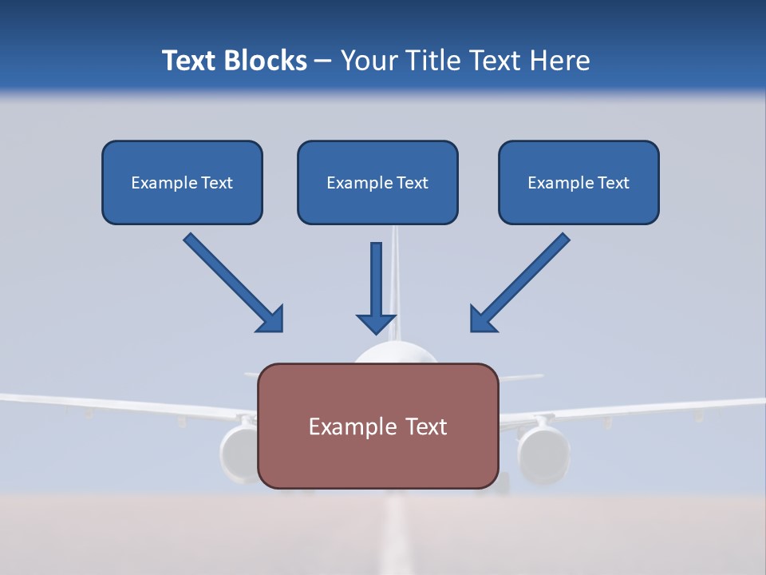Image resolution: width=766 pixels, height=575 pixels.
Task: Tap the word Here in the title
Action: [x=561, y=61]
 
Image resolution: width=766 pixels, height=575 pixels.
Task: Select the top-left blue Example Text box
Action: [x=182, y=182]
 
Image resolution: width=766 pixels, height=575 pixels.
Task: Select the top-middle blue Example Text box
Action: [x=377, y=182]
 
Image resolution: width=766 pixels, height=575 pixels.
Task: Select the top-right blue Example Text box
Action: [x=578, y=182]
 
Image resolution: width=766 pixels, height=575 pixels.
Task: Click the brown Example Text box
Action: [x=377, y=426]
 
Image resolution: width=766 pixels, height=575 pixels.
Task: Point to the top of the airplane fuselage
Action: [x=397, y=351]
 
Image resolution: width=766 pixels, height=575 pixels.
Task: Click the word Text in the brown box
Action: [x=422, y=426]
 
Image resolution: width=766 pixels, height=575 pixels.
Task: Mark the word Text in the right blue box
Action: [x=614, y=183]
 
